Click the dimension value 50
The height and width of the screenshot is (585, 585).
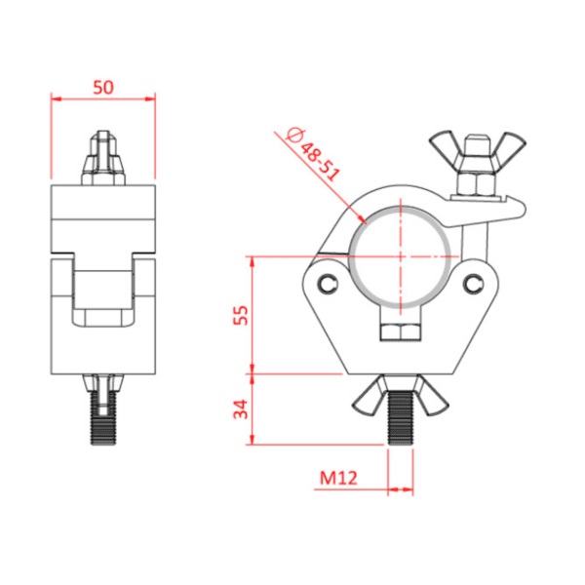102,86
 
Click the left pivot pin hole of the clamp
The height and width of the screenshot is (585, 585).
324,284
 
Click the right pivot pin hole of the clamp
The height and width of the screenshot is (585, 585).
475,283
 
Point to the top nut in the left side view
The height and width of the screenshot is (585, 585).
102,156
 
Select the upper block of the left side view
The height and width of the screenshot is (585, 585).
102,214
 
